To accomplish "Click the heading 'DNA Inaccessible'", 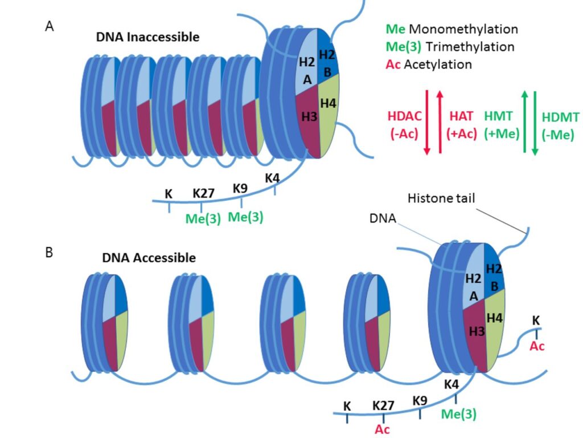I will point(147,38).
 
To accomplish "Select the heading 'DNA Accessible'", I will point(149,258).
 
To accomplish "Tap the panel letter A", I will point(50,26).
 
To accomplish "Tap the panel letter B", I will point(49,252).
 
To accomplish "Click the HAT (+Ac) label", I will point(462,124).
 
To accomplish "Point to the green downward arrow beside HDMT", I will point(535,121).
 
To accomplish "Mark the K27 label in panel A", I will point(203,193).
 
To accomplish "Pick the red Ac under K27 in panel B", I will point(383,429).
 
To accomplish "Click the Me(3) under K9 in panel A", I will point(245,217).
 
